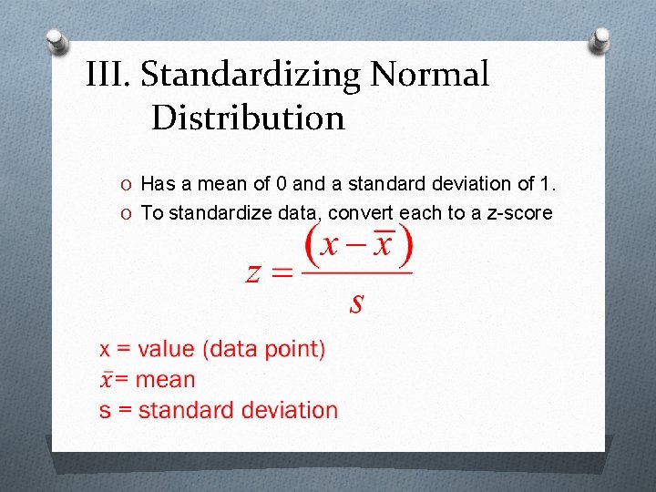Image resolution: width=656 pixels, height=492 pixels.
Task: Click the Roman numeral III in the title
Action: pos(108,75)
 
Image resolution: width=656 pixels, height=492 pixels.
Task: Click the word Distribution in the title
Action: pos(248,118)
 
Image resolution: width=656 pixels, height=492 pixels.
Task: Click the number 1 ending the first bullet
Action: pos(545,184)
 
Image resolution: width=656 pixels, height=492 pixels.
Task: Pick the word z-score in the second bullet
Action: pos(515,213)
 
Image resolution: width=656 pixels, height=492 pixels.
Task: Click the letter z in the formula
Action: pos(255,272)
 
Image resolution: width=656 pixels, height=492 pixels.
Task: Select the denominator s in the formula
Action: pos(356,302)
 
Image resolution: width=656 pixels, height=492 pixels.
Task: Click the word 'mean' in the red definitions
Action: pos(167,380)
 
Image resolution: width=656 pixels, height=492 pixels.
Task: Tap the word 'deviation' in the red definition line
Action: pos(291,410)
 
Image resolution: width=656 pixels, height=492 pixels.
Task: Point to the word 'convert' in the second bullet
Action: pos(358,213)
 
